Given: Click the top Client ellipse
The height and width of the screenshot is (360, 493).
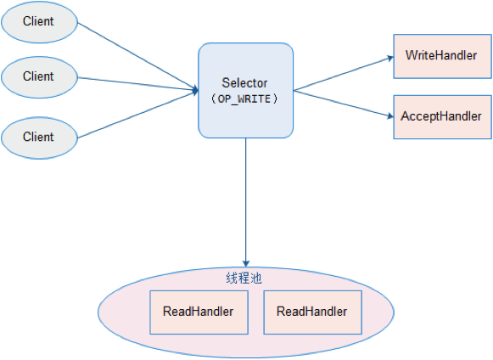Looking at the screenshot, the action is coord(39,22).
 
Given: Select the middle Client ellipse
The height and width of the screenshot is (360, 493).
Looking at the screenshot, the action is coord(39,77).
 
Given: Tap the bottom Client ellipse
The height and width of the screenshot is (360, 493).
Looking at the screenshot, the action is coord(39,138).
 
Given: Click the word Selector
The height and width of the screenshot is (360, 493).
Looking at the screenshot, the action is coord(244,83).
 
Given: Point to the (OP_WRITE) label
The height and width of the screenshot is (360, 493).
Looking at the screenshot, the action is coord(244,98).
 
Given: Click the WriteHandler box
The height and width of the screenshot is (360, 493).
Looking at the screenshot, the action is coord(442,56).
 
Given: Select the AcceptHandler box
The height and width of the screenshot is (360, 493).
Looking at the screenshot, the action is coord(442,117).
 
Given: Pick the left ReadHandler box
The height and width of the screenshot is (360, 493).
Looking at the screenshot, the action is coord(199,312).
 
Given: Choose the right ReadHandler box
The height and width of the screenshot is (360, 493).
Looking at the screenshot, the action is coord(312,312).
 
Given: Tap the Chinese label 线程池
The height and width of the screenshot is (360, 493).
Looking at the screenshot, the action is coord(244,278).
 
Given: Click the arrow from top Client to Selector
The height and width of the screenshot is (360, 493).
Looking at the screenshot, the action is coord(138,57).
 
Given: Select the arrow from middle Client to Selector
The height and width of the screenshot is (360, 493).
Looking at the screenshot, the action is coord(138,84).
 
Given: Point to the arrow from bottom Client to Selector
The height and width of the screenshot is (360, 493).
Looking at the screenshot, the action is coord(138,115).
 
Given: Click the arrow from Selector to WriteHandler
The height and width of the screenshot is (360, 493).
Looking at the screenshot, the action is coord(344,74).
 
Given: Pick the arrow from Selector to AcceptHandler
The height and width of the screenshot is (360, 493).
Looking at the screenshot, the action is coord(344,104).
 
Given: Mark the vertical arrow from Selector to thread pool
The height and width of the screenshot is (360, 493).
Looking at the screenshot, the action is coord(246,202).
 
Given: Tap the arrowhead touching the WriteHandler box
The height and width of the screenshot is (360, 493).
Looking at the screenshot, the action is coord(390,59).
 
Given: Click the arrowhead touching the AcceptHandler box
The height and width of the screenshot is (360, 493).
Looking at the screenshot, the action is coord(390,116).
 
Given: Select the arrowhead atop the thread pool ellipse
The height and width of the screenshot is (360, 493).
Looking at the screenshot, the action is coord(246,264).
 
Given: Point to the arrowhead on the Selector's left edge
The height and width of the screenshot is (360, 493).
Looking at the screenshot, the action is coord(195,90).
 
